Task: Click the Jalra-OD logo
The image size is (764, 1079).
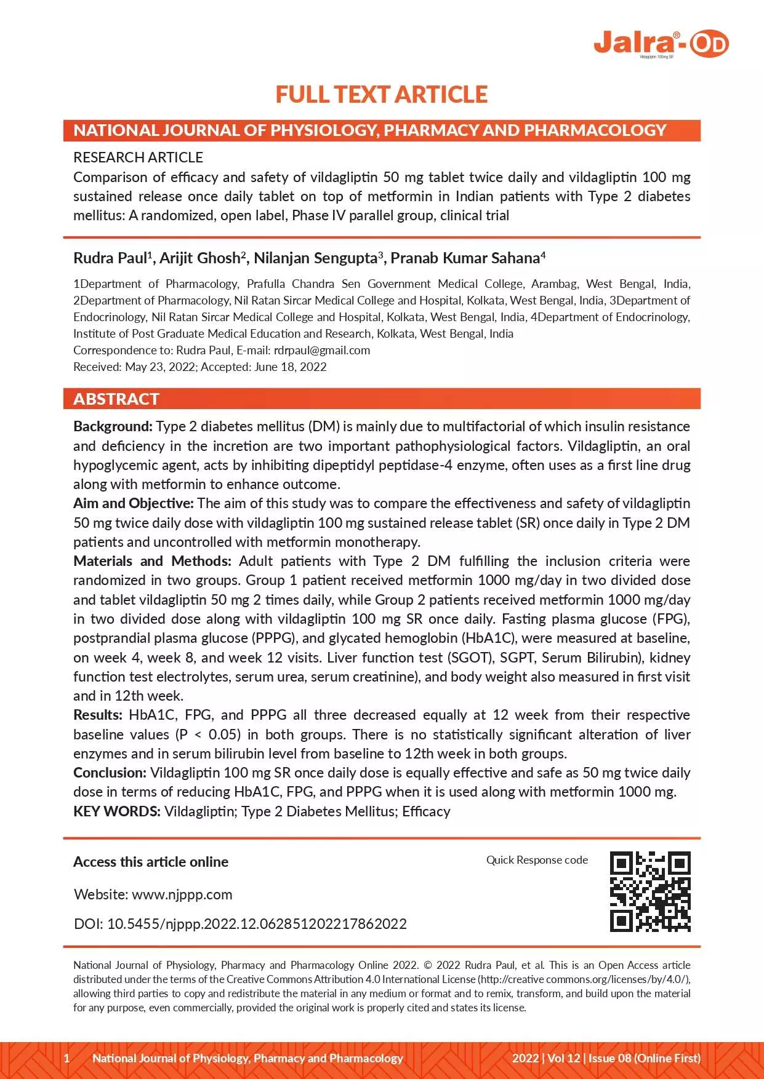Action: (x=661, y=44)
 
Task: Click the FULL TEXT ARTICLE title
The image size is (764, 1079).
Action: (x=381, y=95)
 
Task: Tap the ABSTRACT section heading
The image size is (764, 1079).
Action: (x=116, y=399)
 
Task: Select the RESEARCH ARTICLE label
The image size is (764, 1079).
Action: (x=138, y=157)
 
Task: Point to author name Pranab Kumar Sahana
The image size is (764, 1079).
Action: (x=465, y=258)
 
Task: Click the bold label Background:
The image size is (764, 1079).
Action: (x=113, y=426)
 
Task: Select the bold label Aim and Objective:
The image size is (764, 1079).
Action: (x=134, y=503)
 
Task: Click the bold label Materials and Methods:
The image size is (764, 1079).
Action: (x=152, y=561)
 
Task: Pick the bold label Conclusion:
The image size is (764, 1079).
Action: (x=110, y=773)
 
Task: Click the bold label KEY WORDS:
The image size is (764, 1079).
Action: (x=117, y=811)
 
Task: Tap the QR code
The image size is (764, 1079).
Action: (x=650, y=891)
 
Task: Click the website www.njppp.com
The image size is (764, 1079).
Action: (x=182, y=894)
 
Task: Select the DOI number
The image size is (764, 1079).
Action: (x=257, y=924)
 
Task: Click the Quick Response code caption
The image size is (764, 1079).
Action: (x=537, y=860)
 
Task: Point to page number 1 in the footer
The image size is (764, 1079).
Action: (x=67, y=1058)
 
